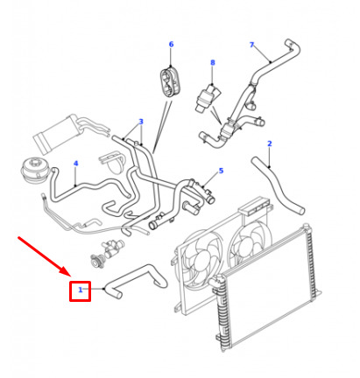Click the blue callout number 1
(x=81, y=290)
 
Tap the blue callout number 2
(x=270, y=143)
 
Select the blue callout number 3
(x=141, y=122)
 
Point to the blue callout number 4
(x=76, y=164)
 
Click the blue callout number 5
(x=221, y=171)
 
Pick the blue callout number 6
(x=171, y=44)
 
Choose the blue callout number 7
(x=251, y=45)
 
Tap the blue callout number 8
(x=213, y=62)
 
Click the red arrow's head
(x=67, y=272)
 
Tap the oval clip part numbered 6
(x=170, y=81)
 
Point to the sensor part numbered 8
(x=208, y=98)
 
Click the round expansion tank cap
(x=32, y=167)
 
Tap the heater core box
(x=55, y=134)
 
